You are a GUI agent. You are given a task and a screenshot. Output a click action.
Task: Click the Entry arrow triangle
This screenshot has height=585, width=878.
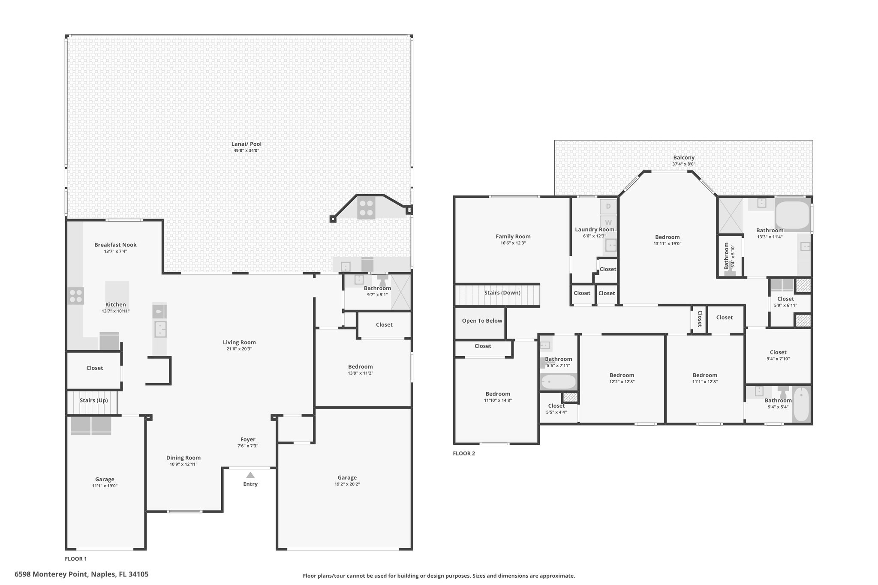click(250, 475)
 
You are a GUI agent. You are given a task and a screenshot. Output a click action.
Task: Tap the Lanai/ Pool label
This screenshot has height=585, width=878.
click(247, 144)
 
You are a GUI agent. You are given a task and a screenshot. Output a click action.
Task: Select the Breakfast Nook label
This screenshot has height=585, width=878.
click(115, 245)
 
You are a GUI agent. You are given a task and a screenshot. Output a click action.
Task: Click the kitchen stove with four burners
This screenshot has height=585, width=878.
click(75, 296)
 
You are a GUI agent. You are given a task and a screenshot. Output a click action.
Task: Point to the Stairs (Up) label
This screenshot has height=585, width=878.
click(94, 400)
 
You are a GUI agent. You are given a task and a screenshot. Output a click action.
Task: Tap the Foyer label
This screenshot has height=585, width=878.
click(248, 439)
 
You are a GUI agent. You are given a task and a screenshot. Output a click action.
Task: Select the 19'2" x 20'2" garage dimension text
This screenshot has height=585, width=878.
click(347, 484)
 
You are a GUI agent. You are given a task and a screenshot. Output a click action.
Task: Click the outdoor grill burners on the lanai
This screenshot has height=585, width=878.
click(366, 208)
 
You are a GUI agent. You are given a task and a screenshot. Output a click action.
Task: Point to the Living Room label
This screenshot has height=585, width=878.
click(239, 342)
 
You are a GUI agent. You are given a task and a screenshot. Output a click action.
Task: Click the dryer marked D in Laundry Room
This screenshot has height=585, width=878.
click(608, 207)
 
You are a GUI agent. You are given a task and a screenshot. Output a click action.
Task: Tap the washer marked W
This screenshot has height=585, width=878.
click(608, 222)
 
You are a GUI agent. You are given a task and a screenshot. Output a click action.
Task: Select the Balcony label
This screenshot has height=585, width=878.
click(684, 158)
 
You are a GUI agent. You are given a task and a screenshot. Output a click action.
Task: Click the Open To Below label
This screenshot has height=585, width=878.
click(482, 321)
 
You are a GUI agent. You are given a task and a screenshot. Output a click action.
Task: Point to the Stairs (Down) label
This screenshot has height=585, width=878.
click(502, 293)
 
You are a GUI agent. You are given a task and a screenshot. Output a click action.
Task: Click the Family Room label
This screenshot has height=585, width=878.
click(513, 237)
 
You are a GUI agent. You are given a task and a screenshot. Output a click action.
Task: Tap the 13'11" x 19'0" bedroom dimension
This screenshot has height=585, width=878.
click(668, 243)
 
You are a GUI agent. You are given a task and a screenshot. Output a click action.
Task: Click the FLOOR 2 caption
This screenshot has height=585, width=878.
click(464, 453)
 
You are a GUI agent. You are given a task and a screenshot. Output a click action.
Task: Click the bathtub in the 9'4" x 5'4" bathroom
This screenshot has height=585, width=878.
click(801, 405)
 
